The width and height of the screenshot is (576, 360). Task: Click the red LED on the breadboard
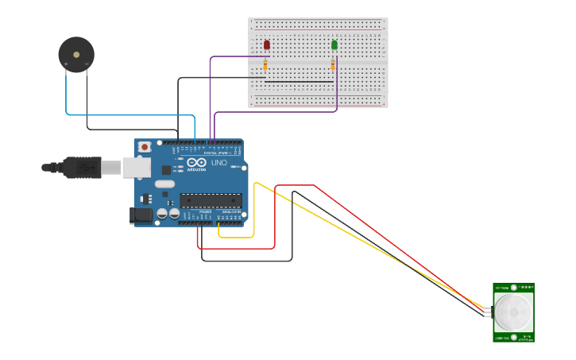[x=266, y=45]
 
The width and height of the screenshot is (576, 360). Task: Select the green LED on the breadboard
[x=334, y=45]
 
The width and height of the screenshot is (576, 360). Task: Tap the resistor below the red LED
[x=265, y=65]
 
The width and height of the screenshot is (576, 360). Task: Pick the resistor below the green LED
[x=333, y=65]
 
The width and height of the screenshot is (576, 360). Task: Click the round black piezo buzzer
[x=76, y=55]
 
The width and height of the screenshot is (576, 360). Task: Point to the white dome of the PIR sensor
[x=513, y=312]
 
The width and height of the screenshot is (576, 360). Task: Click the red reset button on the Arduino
[x=145, y=147]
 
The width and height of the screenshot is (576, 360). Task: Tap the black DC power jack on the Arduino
[x=141, y=215]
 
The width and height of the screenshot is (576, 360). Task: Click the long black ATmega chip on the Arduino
[x=211, y=200]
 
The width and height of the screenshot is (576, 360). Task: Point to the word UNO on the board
[x=219, y=163]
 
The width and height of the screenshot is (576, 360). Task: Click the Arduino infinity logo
[x=196, y=162]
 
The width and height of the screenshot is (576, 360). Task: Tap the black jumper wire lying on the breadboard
[x=299, y=81]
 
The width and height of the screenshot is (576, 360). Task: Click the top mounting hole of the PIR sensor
[x=514, y=287]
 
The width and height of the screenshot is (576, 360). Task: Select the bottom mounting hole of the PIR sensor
[x=513, y=337]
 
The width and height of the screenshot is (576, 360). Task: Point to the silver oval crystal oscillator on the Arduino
[x=164, y=184]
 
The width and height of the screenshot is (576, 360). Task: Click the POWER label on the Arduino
[x=205, y=212]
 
